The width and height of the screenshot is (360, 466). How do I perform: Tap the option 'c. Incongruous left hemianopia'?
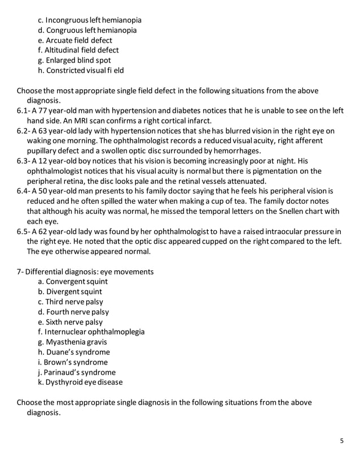pos(89,20)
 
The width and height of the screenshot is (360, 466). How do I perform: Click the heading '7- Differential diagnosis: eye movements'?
pos(85,272)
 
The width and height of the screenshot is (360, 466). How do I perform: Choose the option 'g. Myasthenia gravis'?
pos(72,342)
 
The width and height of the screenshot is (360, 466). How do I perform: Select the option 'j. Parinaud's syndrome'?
pos(76,372)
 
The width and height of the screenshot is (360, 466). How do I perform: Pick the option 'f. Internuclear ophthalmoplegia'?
pos(91,332)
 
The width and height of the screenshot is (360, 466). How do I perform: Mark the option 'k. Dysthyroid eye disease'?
pos(80,383)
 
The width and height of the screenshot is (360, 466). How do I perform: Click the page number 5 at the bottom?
pos(341,441)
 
